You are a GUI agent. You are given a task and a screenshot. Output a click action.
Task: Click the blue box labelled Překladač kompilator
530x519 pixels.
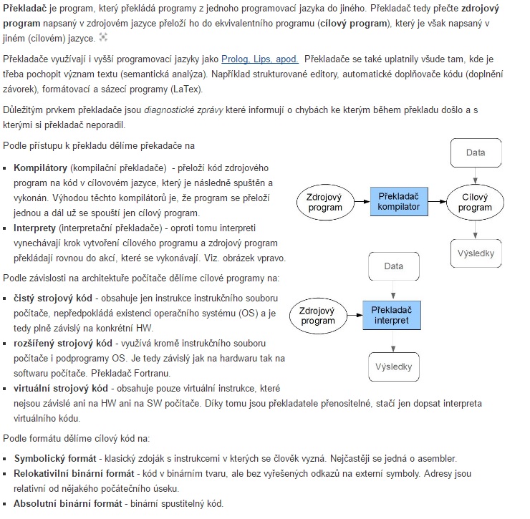tap(399, 201)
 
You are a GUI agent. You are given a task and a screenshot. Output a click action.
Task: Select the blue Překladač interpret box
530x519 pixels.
tap(392, 314)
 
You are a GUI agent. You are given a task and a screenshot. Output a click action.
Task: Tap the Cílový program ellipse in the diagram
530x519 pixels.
tap(475, 202)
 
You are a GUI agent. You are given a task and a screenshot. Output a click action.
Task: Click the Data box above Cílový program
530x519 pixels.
tap(475, 152)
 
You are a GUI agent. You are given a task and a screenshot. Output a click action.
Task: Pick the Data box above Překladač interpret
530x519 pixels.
tap(393, 266)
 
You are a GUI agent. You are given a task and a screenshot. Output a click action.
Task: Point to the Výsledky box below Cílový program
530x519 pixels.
tap(476, 253)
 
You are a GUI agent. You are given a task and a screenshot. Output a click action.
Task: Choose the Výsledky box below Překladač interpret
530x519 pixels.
tap(393, 367)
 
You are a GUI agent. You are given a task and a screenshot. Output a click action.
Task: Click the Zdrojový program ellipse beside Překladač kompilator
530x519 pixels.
tap(324, 202)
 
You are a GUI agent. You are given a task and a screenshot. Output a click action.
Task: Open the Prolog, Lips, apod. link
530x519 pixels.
tap(259, 59)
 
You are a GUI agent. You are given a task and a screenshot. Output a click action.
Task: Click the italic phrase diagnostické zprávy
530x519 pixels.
tap(183, 110)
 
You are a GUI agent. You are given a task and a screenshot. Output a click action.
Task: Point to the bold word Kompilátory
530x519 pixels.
tap(40, 168)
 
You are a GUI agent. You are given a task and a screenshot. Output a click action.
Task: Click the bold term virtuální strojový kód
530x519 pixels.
tap(61, 388)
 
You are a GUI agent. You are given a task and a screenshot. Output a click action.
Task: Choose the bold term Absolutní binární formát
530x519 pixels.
tap(67, 503)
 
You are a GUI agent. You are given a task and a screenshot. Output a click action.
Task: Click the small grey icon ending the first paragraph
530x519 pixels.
tap(102, 37)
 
